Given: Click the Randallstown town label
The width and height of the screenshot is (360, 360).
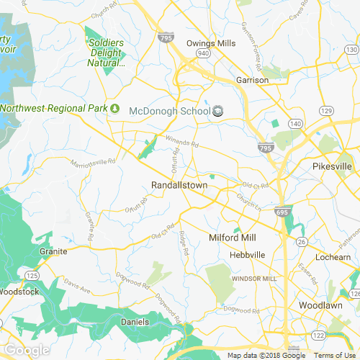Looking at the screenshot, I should [179, 185].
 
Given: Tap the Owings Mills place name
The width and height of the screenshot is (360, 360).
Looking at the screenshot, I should [211, 43].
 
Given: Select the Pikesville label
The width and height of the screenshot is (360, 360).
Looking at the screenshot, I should [333, 166].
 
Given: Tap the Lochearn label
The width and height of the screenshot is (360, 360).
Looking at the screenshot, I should [333, 256].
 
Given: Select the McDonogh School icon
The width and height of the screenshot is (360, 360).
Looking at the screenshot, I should [218, 110].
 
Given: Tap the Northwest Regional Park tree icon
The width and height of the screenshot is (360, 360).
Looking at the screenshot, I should [114, 109].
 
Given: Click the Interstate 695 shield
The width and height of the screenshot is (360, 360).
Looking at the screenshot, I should [281, 213].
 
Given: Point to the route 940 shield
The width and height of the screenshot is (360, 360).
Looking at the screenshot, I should [205, 53].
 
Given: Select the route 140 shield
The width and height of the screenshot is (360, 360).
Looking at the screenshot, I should [295, 125].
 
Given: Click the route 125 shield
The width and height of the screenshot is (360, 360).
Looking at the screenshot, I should [32, 276].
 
